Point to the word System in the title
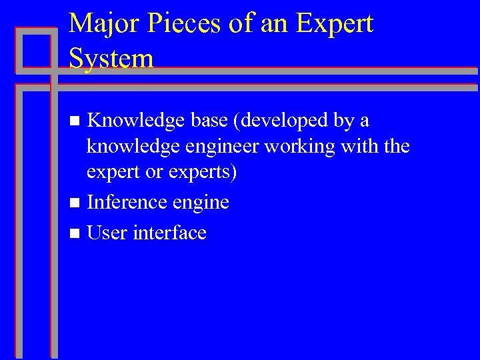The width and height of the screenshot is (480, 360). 111,58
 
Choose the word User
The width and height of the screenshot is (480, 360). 107,233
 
